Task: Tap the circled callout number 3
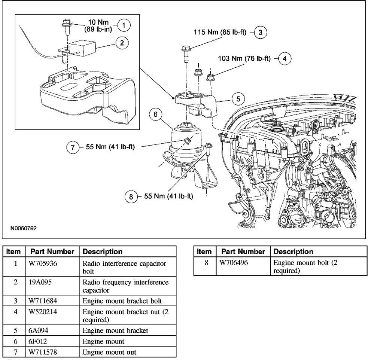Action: (x=263, y=32)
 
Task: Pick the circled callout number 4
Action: (x=286, y=59)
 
